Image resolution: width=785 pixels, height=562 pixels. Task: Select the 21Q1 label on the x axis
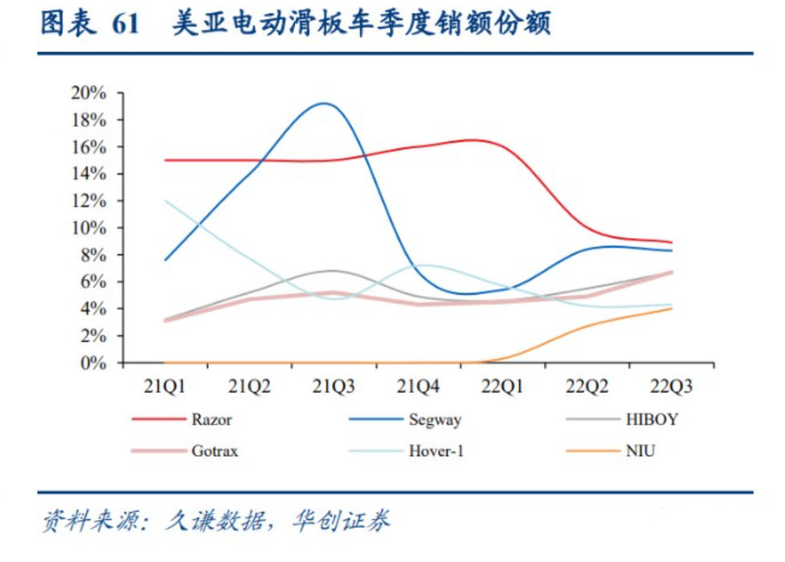pos(165,387)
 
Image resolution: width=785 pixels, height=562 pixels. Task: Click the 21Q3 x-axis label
pos(333,387)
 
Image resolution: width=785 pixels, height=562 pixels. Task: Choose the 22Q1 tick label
pos(502,387)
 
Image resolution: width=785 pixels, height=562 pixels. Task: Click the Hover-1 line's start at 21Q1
pos(165,201)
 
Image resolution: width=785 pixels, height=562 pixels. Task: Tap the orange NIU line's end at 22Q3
pos(671,308)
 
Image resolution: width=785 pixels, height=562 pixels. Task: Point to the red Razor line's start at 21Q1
pos(165,160)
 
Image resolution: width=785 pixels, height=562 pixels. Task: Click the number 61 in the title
pos(126,25)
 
